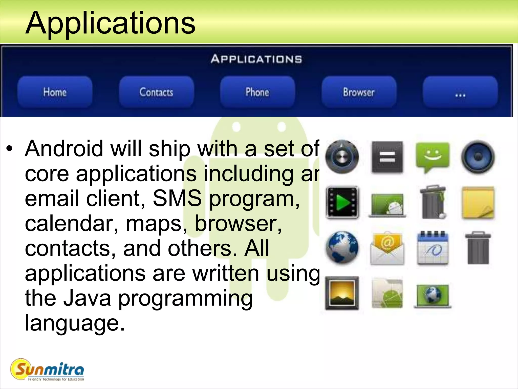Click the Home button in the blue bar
coord(55,92)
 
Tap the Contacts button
coord(156,92)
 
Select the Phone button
coord(257,92)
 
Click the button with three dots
coord(460,92)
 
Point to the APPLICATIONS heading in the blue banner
coord(256,59)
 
